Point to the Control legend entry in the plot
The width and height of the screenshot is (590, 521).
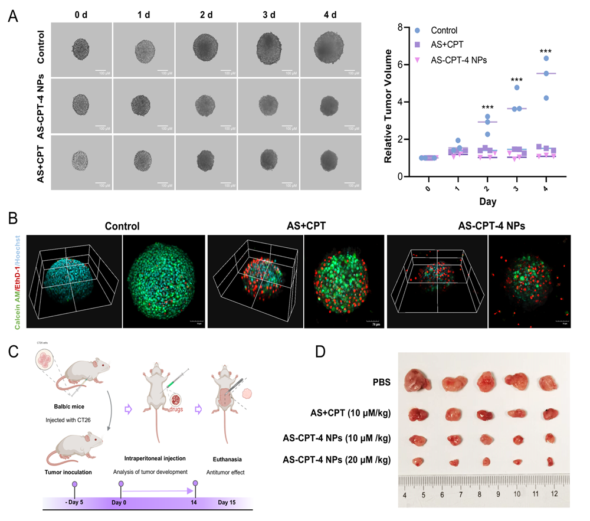[444, 31]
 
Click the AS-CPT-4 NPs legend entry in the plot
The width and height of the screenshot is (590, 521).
[461, 60]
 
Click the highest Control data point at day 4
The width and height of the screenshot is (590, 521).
[546, 58]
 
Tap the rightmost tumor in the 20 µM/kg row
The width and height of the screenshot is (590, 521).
[550, 461]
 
